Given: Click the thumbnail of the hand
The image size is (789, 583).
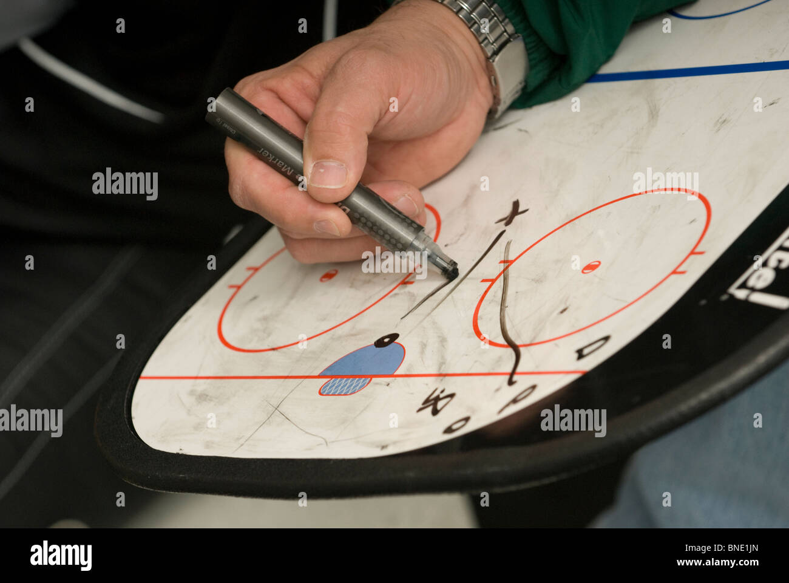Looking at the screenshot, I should click(x=327, y=174).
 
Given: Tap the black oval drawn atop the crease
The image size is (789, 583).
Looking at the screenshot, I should click(x=386, y=341).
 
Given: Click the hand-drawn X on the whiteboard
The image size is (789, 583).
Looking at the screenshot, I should click(x=512, y=213).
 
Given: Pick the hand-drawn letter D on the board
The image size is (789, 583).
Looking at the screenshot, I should click(x=592, y=347).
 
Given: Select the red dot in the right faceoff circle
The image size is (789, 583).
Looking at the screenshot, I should click(x=591, y=266).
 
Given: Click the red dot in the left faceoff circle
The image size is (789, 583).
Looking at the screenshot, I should click(x=328, y=275).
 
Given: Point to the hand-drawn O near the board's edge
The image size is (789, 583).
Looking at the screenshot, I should click(x=457, y=424).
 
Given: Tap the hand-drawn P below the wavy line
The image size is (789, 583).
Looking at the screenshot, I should click(x=518, y=398).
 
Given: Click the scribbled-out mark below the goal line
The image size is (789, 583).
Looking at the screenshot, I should click(x=436, y=401).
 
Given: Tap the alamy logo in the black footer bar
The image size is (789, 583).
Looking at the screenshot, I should click(x=61, y=555).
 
